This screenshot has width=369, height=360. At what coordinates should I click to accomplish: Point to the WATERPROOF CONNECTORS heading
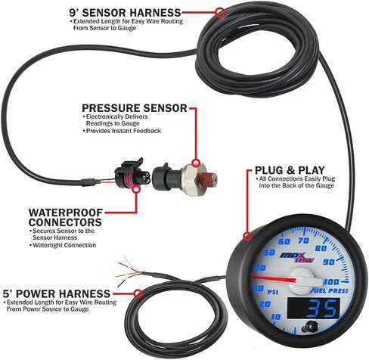coord(65,218)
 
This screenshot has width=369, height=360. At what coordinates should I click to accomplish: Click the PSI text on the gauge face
coord(268,289)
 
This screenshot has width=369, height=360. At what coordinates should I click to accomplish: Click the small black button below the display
coord(308,327)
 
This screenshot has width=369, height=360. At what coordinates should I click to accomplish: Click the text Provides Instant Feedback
coord(123,131)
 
